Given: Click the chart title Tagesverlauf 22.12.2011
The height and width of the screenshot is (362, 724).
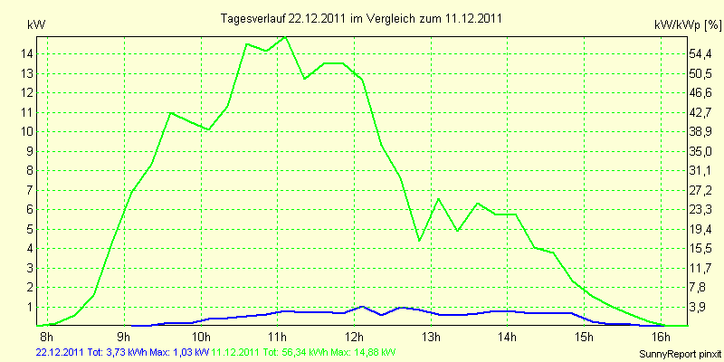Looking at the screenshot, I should tap(362, 18).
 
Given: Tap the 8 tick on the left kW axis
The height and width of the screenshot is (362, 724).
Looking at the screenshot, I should tap(30, 170).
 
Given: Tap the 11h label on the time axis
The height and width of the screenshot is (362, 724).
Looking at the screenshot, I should tap(276, 338).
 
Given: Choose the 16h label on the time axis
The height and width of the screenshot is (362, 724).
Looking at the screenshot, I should tap(662, 338).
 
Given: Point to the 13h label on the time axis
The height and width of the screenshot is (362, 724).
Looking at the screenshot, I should tap(430, 338).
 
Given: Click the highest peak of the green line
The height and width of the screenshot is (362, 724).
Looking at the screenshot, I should tap(286, 37).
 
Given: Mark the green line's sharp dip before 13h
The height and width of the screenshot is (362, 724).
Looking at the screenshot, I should tap(419, 240).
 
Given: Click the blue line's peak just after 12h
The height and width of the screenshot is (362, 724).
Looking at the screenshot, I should tap(363, 307).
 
